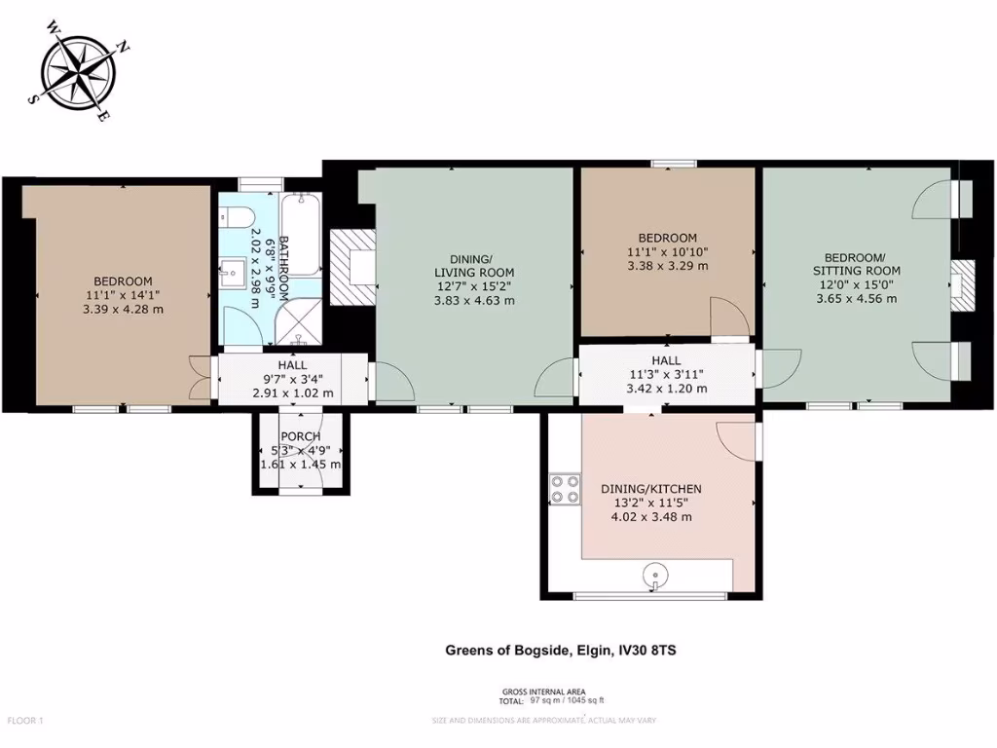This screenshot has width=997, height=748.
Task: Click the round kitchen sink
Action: (x=657, y=579)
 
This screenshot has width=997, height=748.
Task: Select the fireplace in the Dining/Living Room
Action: (x=351, y=266)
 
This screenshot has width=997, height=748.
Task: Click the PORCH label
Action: (x=299, y=435)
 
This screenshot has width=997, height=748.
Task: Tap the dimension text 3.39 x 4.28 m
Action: (x=124, y=309)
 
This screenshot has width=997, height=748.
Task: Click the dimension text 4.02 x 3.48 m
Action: (x=651, y=517)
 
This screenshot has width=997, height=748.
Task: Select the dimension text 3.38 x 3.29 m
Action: (x=667, y=265)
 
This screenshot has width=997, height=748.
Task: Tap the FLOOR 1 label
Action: (x=26, y=721)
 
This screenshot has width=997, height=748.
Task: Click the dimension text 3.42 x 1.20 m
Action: (x=666, y=388)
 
